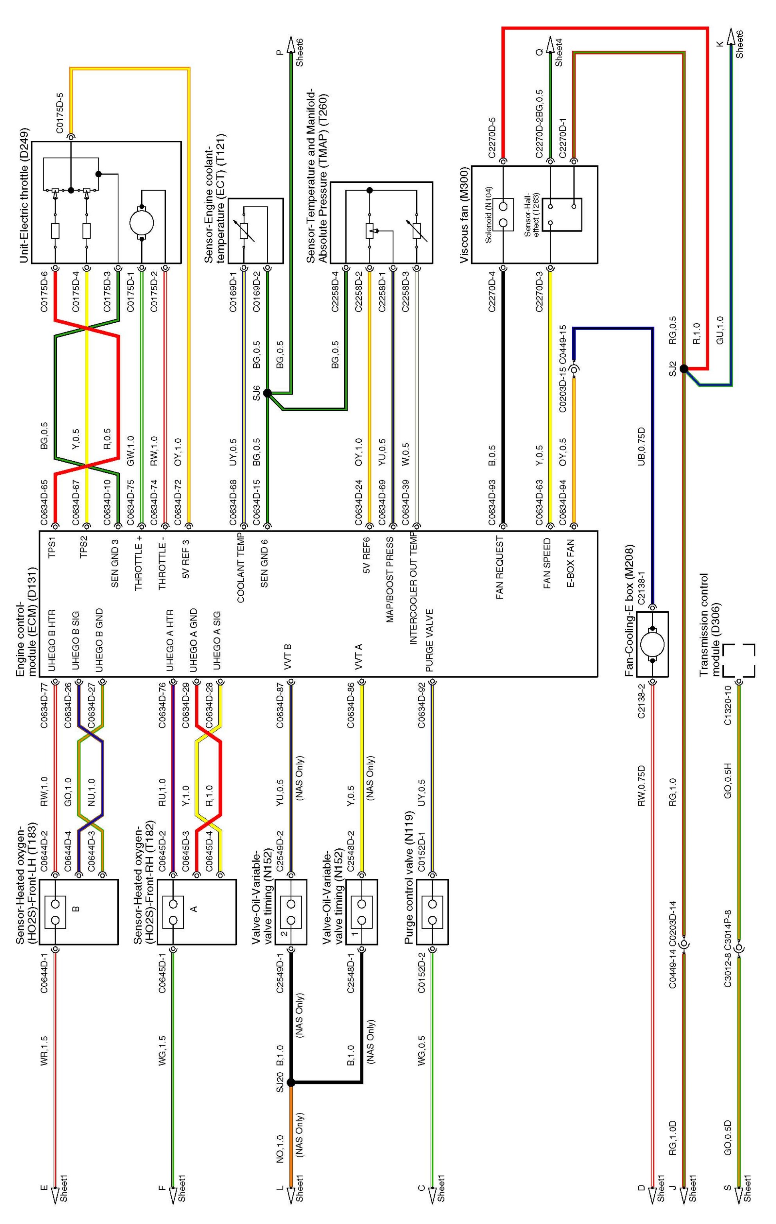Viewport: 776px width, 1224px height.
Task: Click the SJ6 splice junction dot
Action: (267, 392)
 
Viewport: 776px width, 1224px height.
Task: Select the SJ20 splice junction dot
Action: (291, 1083)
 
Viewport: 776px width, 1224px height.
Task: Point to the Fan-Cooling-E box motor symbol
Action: (652, 644)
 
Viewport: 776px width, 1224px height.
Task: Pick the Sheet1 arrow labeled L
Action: (291, 1207)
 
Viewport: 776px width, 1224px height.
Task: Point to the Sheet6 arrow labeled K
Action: (731, 38)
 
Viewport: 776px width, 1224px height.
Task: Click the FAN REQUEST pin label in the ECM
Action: (499, 567)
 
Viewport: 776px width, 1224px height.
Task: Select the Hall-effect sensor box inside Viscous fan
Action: (562, 214)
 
